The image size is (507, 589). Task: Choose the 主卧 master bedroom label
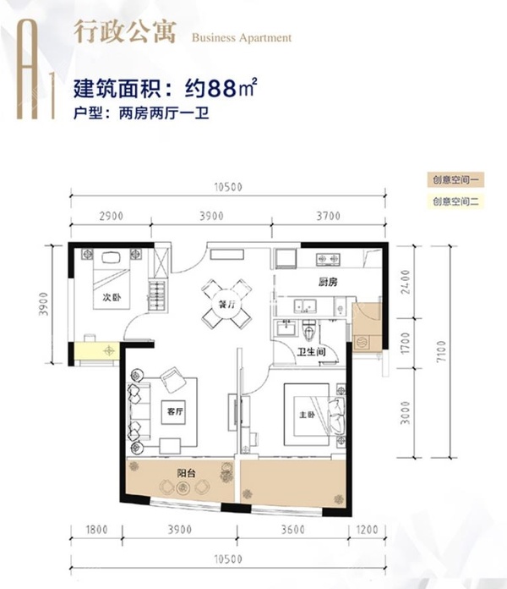306,415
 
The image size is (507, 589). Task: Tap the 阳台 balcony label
187,474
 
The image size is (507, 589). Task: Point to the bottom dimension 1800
98,531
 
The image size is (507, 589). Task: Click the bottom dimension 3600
293,531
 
